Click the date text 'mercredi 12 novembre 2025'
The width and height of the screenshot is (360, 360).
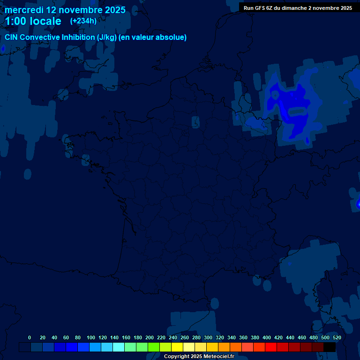coord(65,10)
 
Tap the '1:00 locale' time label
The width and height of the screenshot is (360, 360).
coord(33,21)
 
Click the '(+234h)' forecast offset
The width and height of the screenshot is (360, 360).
coord(83,21)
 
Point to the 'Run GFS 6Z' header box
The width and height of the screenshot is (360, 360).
coord(298,8)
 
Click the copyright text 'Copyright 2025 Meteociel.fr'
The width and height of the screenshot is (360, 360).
coord(199,356)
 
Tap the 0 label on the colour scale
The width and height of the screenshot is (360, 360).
coord(30,337)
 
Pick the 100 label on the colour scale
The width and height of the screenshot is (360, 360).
coord(91,337)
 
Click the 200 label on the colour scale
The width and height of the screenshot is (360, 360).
coord(150,337)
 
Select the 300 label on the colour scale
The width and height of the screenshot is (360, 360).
coord(208,337)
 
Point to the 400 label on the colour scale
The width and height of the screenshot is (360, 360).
coord(267,337)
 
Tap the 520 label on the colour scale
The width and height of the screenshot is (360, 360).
coord(337,337)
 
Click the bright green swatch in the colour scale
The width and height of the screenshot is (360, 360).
coord(154,347)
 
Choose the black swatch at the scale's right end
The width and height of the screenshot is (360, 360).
coord(330,347)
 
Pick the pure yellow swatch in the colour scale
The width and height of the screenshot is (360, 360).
coord(177,347)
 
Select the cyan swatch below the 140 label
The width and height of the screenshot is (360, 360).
coord(119,347)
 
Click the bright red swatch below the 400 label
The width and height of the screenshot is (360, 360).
coord(271,347)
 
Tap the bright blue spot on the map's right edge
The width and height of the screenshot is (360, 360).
coord(358,204)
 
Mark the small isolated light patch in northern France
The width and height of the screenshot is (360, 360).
coord(195,122)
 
